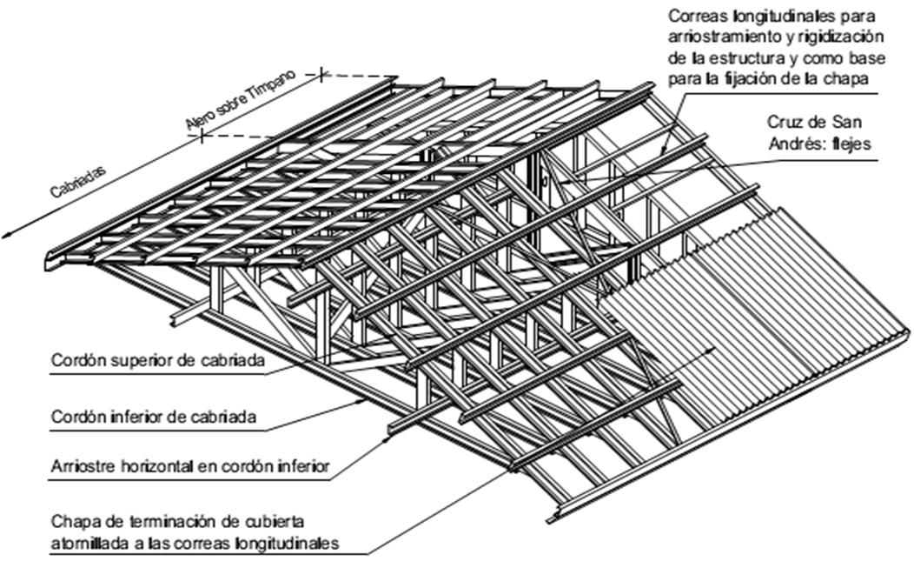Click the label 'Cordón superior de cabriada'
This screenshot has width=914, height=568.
tap(144, 360)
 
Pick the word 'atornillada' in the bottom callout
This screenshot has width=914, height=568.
tap(89, 545)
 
